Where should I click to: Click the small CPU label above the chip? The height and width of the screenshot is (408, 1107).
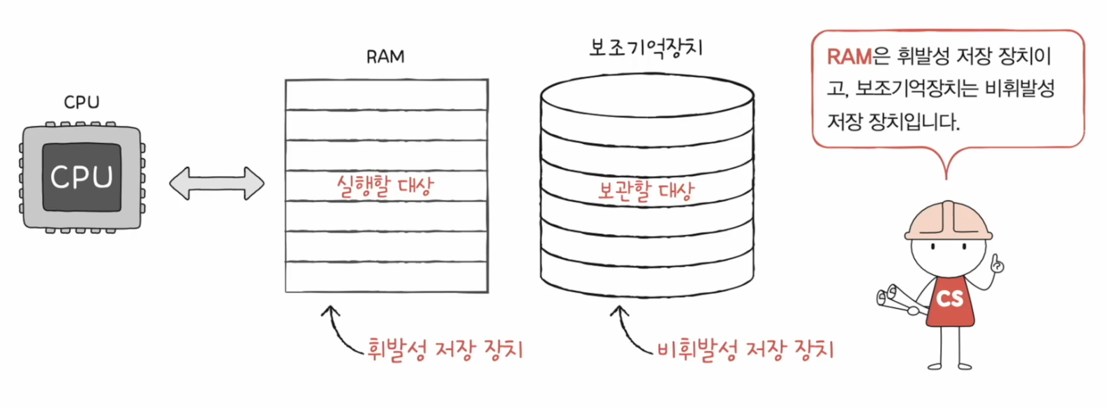[x=82, y=102]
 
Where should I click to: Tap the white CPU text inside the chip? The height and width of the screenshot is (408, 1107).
[x=82, y=177]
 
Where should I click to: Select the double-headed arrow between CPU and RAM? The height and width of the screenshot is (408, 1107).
[x=216, y=184]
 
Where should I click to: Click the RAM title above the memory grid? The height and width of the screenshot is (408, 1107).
[x=385, y=57]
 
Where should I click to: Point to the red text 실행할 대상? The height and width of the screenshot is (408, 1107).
[x=385, y=186]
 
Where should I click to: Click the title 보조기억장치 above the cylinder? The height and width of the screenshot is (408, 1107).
[x=646, y=48]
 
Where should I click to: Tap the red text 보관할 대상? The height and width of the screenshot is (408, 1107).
[x=646, y=190]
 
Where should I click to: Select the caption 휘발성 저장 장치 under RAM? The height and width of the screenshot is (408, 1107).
[x=445, y=349]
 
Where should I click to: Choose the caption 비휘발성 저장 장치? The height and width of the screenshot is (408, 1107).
[x=745, y=349]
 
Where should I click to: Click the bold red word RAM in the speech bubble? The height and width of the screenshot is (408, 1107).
[x=849, y=57]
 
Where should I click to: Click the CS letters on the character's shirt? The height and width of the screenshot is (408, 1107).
[x=949, y=299]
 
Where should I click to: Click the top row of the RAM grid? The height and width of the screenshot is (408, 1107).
[x=386, y=95]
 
